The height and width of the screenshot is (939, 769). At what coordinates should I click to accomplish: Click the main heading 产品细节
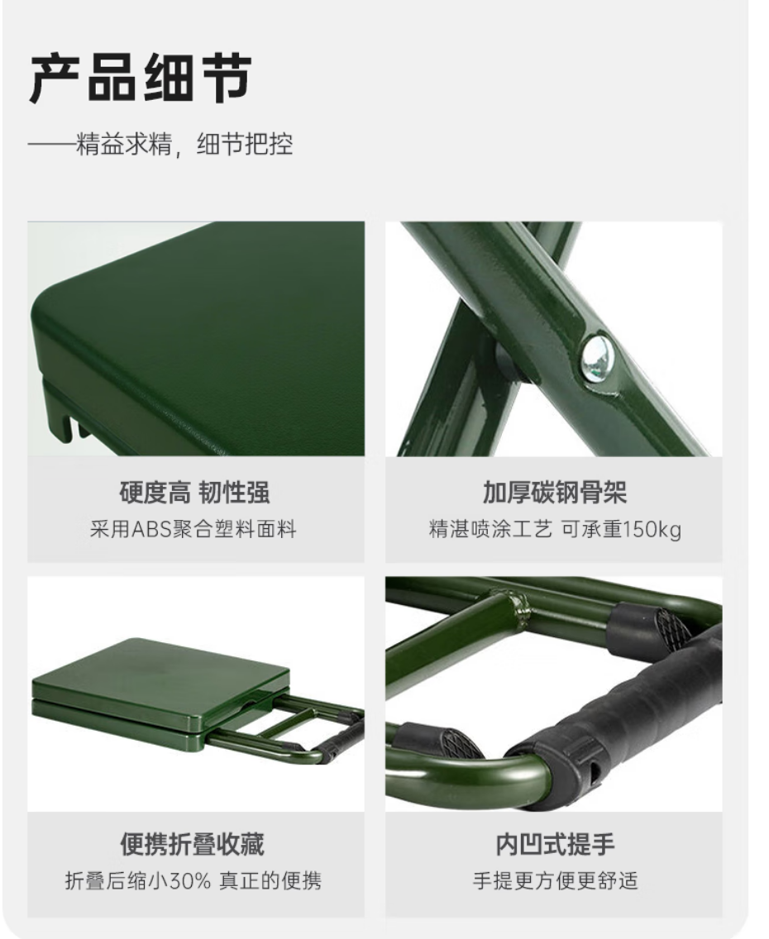[x=140, y=79]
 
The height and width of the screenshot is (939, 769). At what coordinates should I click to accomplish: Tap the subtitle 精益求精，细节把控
[x=184, y=145]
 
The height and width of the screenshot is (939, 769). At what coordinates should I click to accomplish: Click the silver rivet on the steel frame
[x=598, y=358]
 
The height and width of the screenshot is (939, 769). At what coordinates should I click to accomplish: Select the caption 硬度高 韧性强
[x=194, y=493]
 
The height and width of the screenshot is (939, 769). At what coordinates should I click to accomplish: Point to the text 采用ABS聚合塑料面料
[x=193, y=529]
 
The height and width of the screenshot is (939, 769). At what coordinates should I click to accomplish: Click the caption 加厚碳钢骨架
[x=555, y=493]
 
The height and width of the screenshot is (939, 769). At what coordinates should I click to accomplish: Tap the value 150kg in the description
[x=652, y=530]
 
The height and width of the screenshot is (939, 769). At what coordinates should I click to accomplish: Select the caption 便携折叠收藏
[x=192, y=845]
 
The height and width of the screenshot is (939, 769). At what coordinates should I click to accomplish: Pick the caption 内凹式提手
[x=555, y=845]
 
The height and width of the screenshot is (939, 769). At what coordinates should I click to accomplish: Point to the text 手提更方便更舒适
[x=555, y=881]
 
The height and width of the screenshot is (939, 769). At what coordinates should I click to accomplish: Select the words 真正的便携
[x=270, y=881]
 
